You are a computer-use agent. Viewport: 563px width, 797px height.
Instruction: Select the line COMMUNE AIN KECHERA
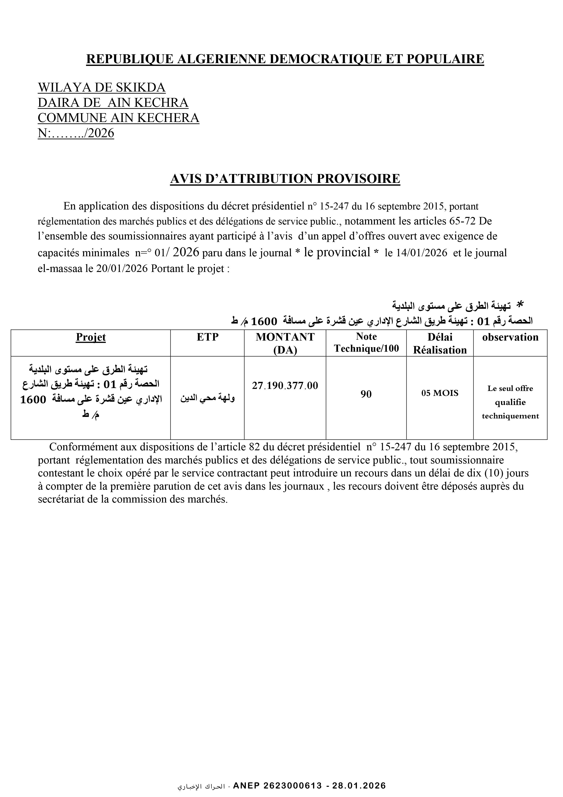[118, 118]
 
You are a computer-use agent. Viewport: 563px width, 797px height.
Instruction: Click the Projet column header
[91, 337]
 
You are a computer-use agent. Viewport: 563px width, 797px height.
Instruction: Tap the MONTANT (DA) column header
[285, 343]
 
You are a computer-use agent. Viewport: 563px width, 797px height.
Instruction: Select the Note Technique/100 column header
[366, 343]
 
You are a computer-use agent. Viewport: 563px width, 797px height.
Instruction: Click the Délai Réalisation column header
[440, 343]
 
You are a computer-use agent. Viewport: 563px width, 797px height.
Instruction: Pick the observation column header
[510, 337]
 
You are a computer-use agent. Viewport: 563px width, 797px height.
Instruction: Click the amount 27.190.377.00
[285, 386]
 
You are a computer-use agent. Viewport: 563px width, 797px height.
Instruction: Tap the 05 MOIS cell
[440, 393]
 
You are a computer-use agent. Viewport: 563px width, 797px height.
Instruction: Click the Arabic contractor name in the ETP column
[207, 398]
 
